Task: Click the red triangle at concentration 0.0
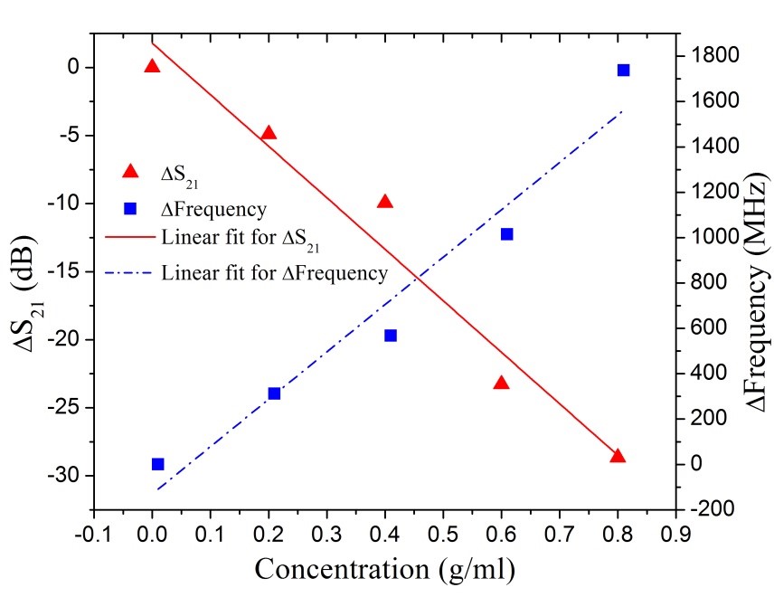(x=152, y=66)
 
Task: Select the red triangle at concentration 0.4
(x=385, y=202)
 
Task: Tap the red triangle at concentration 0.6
(x=502, y=383)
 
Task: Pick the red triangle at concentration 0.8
(x=618, y=456)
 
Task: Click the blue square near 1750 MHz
(x=623, y=70)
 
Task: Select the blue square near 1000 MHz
(x=507, y=234)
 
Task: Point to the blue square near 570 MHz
(x=391, y=336)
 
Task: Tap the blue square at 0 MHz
(x=158, y=464)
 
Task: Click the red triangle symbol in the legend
(x=130, y=171)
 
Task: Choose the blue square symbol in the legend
(x=130, y=208)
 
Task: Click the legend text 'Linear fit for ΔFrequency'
(x=275, y=273)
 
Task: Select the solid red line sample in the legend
(x=130, y=241)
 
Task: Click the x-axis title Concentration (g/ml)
(x=385, y=570)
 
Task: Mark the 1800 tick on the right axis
(x=711, y=56)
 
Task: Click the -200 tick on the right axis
(x=707, y=509)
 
